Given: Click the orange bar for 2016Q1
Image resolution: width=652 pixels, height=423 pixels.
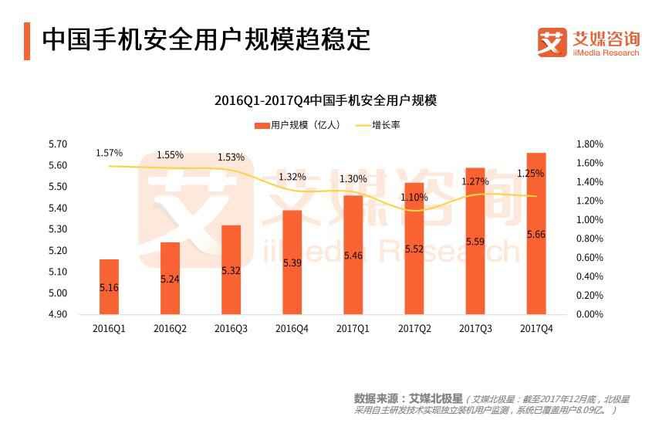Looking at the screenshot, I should pyautogui.click(x=109, y=286).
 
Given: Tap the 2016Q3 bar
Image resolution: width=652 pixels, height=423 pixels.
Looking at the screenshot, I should pyautogui.click(x=231, y=269).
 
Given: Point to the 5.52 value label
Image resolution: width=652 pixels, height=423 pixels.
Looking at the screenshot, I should pyautogui.click(x=414, y=249).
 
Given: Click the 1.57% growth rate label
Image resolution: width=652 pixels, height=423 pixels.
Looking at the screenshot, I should pyautogui.click(x=109, y=153).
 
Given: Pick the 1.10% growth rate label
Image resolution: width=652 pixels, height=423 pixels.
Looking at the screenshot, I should pyautogui.click(x=414, y=197).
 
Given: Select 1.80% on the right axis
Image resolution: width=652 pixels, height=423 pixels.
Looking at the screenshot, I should pyautogui.click(x=590, y=144).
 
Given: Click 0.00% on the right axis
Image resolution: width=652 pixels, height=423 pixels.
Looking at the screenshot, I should pyautogui.click(x=590, y=315).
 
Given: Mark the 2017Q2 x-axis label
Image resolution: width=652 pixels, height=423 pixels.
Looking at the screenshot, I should pyautogui.click(x=414, y=329).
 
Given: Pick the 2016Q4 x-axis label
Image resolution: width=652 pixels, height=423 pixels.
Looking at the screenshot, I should pyautogui.click(x=292, y=329).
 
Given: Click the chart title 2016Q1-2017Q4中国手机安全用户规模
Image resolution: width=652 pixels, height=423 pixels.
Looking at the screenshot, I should pyautogui.click(x=326, y=101).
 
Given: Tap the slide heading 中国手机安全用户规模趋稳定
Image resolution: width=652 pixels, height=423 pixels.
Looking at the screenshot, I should pyautogui.click(x=205, y=39).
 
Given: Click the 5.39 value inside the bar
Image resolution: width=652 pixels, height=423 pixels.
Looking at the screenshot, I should pyautogui.click(x=292, y=262).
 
